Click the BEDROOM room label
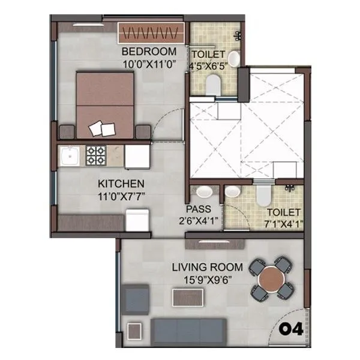[148, 52]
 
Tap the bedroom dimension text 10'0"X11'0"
[148, 63]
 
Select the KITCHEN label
[121, 183]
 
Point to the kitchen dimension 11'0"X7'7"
[121, 195]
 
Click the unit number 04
[292, 329]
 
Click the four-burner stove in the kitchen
[95, 155]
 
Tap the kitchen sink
[70, 157]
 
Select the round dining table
[271, 278]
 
